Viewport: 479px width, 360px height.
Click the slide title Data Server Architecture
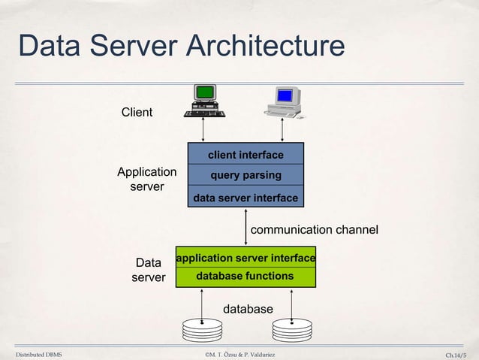click(x=181, y=47)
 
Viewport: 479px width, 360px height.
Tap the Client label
click(x=137, y=113)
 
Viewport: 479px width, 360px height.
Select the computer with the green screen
click(x=204, y=101)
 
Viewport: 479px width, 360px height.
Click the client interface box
click(x=246, y=155)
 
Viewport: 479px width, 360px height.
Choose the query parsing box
click(x=246, y=175)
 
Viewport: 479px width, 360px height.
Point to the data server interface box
click(x=246, y=198)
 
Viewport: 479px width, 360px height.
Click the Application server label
click(x=147, y=179)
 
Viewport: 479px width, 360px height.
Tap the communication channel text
click(x=314, y=229)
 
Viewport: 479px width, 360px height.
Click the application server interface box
click(x=246, y=258)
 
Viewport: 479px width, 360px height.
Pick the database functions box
click(x=246, y=277)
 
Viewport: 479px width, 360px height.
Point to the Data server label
click(x=148, y=270)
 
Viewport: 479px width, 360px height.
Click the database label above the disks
click(x=248, y=309)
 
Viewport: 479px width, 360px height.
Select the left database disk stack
click(x=203, y=328)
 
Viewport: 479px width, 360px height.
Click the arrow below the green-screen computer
click(x=203, y=129)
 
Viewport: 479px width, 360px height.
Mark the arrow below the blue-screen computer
click(x=282, y=129)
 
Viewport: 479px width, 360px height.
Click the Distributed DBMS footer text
click(x=39, y=353)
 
